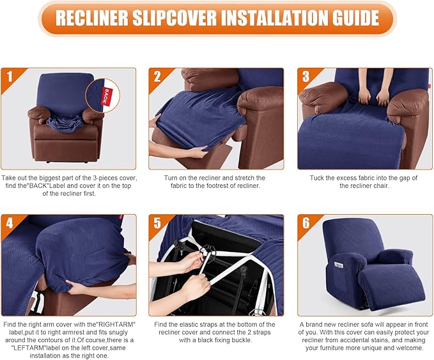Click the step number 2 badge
point(157,77)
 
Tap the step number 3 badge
point(306,77)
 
